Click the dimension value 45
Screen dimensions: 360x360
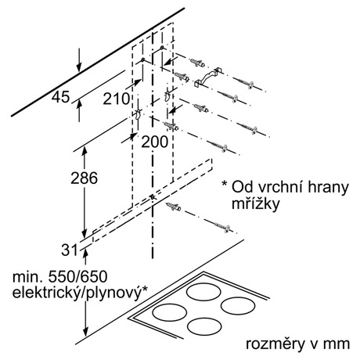point(61,97)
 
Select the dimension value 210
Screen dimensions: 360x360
point(117,99)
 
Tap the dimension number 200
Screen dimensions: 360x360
point(155,142)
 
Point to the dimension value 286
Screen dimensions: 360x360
point(84,178)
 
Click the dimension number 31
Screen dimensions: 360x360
point(70,250)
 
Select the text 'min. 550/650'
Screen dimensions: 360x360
point(60,276)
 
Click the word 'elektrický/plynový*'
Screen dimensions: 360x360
point(80,293)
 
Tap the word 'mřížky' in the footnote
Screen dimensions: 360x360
point(255,203)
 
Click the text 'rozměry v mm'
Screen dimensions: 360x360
point(297,344)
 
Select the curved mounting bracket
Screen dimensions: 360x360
point(207,77)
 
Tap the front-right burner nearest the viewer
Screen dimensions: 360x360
point(204,326)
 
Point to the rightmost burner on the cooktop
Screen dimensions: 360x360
point(238,306)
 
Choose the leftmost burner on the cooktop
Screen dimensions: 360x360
point(170,312)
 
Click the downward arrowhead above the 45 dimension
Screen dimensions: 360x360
point(79,68)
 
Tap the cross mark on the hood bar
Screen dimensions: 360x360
point(153,197)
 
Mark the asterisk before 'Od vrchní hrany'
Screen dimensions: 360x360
point(224,183)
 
